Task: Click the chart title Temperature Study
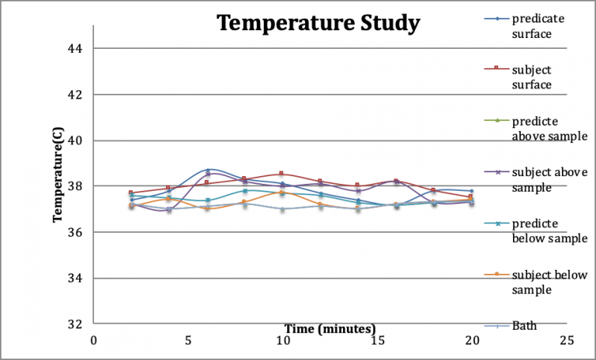(318, 23)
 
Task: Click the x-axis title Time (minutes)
(330, 328)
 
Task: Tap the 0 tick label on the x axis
(94, 340)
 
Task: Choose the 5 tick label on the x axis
(189, 340)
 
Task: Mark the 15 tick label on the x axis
(377, 340)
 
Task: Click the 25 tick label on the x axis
(567, 340)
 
